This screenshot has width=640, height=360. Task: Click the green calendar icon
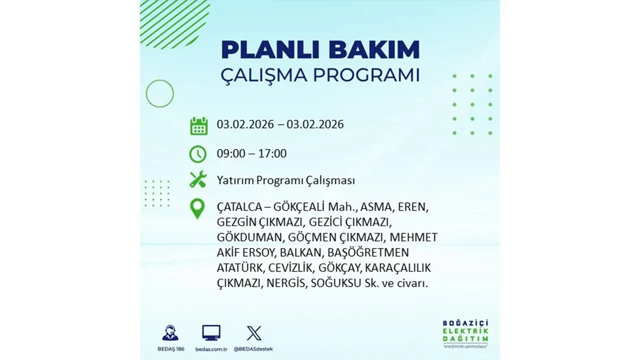pos(198,126)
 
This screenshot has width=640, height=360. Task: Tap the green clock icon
pos(198,153)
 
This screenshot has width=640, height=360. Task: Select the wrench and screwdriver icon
pos(198,179)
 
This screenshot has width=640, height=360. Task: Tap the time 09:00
pos(231,153)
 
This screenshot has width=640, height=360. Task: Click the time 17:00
pos(272,153)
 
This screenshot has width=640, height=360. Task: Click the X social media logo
pos(254,333)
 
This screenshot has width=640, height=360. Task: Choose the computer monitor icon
pos(211,333)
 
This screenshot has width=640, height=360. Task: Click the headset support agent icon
pos(170,333)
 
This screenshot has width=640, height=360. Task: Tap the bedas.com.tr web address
pos(211,348)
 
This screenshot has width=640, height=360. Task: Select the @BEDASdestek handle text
pos(254,348)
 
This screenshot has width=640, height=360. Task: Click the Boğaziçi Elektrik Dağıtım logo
pos(465,332)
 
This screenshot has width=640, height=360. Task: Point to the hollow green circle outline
pos(159,93)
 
